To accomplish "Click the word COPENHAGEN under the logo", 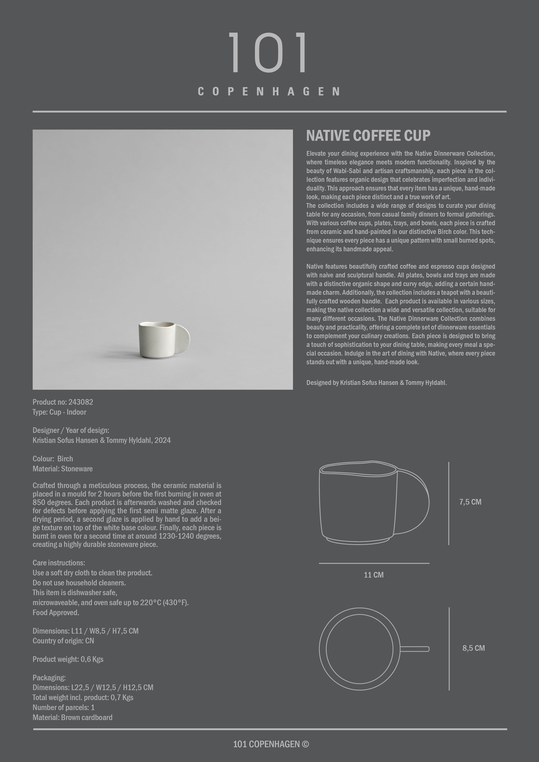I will tap(269, 92).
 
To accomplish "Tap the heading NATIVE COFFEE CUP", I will tap(368, 135).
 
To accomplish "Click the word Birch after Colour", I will tap(65, 459).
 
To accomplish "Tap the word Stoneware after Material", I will tap(77, 469).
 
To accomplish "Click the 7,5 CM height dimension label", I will tap(470, 502).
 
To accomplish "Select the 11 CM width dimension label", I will tap(374, 575).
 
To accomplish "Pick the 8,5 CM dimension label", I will tap(473, 648).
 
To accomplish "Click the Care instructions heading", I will tap(59, 563).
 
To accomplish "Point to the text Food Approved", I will tap(56, 613).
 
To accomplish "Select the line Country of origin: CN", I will tap(63, 641).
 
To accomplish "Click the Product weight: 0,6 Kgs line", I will tap(68, 659).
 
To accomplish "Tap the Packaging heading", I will tap(49, 678).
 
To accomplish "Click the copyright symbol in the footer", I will tap(305, 744).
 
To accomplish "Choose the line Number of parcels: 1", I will tap(64, 708).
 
